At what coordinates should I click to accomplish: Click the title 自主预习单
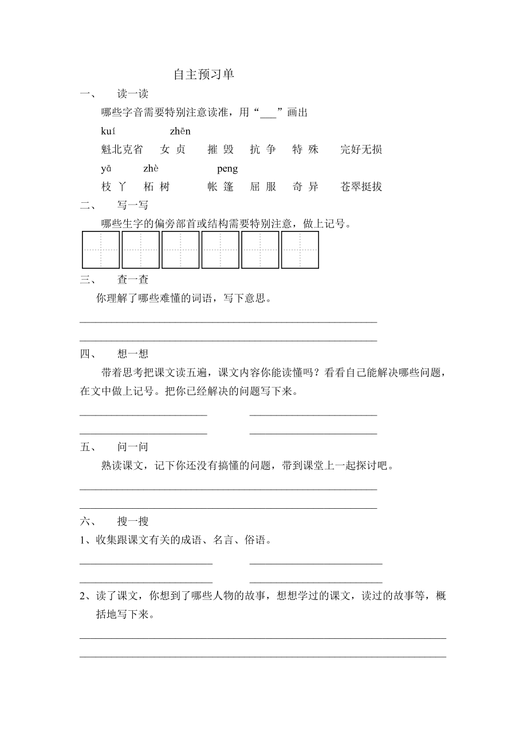tap(204, 75)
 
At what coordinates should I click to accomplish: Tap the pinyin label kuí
tap(108, 132)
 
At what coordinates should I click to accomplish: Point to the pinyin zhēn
tap(180, 132)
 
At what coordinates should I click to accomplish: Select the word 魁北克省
tap(121, 150)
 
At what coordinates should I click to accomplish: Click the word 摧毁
tap(221, 150)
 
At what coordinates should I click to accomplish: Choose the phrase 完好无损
tap(361, 150)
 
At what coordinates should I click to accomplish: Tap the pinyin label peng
tap(227, 169)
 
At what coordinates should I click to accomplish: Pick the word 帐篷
tap(221, 187)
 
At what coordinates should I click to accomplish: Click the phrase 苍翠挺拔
tap(361, 187)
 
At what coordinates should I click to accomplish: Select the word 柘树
tap(156, 187)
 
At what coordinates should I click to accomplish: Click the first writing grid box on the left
tap(101, 250)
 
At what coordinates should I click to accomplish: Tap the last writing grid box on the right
tap(300, 250)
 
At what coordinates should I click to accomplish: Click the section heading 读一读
tap(133, 95)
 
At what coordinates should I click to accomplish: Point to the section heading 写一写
tap(133, 206)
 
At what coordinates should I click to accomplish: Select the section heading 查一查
tap(133, 280)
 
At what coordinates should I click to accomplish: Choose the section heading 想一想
tap(133, 354)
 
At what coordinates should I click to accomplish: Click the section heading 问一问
tap(133, 447)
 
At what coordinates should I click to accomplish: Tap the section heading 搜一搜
tap(133, 521)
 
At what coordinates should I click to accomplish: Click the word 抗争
tap(263, 150)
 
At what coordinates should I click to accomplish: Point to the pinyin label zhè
tap(151, 169)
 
